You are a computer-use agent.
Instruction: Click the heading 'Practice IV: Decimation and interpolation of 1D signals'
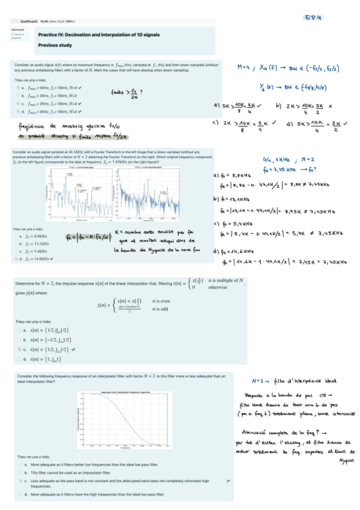coord(99,35)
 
